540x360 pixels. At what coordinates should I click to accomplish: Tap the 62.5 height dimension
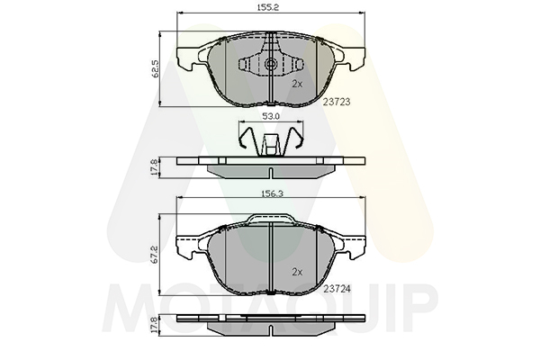tap(155, 69)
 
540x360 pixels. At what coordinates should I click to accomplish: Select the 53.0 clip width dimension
tap(271, 117)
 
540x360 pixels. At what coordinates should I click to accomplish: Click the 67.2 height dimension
tap(155, 255)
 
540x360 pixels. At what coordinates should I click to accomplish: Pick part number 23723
tap(337, 102)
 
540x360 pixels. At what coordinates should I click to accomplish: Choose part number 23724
tap(337, 289)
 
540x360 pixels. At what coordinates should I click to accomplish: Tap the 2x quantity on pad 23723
tap(297, 84)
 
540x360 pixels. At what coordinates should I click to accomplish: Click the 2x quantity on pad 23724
tap(297, 272)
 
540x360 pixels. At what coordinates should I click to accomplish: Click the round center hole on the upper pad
tap(270, 63)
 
